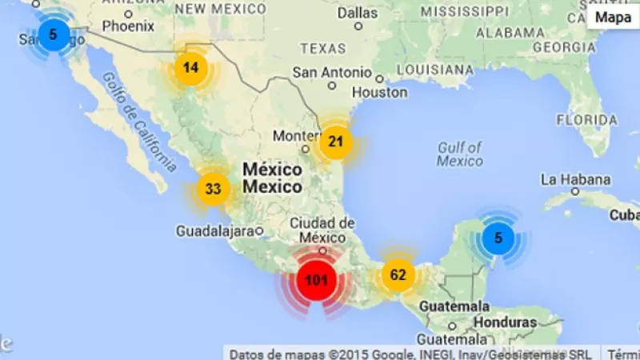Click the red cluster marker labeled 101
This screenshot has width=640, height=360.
[317, 281]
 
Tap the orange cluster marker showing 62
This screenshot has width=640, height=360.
[398, 275]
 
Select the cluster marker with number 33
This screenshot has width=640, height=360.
[213, 190]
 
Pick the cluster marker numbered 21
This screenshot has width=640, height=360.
[336, 142]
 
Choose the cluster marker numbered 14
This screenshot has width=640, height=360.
[190, 67]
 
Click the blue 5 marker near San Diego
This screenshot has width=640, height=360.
[53, 34]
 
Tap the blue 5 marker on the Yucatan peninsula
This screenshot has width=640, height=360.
[498, 238]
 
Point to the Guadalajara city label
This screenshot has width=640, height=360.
[214, 231]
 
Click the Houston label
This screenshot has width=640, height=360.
[379, 92]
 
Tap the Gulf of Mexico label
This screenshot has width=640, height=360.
[460, 154]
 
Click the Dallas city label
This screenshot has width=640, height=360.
[357, 13]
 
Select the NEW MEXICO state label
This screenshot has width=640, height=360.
[221, 9]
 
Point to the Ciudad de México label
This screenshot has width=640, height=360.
[322, 230]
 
